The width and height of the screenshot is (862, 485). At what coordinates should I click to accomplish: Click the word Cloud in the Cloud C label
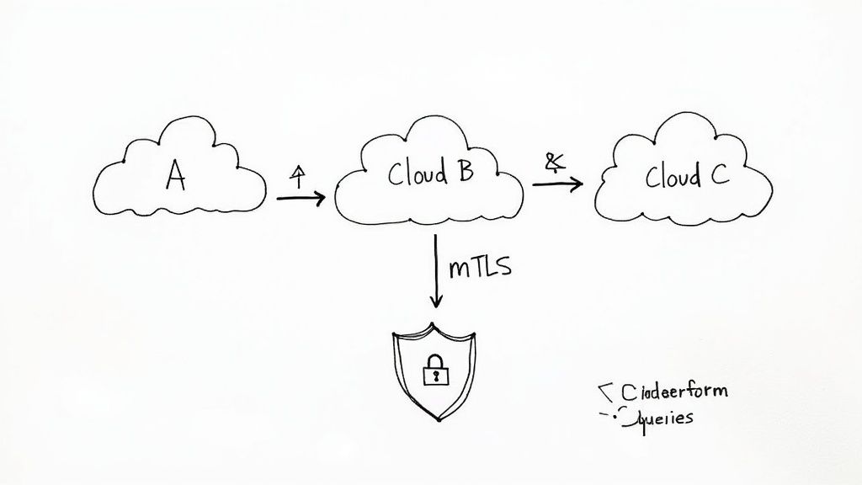tap(673, 177)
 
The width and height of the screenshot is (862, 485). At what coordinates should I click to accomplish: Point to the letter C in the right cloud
tap(720, 177)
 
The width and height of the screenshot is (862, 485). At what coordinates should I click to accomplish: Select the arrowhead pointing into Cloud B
tap(319, 199)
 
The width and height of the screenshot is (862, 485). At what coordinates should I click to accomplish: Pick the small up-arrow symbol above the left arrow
tap(296, 175)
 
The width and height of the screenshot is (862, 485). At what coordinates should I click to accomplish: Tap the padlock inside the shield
tap(434, 368)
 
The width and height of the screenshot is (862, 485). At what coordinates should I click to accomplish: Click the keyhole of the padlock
tap(434, 373)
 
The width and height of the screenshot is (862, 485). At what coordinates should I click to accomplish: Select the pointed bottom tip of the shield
tap(434, 418)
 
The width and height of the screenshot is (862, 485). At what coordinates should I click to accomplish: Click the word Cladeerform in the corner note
tap(673, 392)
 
